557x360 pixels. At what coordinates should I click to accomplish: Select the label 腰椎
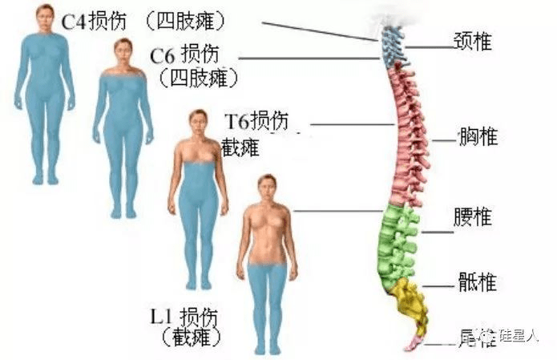pos(474,217)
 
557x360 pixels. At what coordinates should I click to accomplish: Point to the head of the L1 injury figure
pos(267,186)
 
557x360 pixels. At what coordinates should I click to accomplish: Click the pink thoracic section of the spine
pos(407,136)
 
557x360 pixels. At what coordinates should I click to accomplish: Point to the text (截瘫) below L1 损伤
pos(191,337)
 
